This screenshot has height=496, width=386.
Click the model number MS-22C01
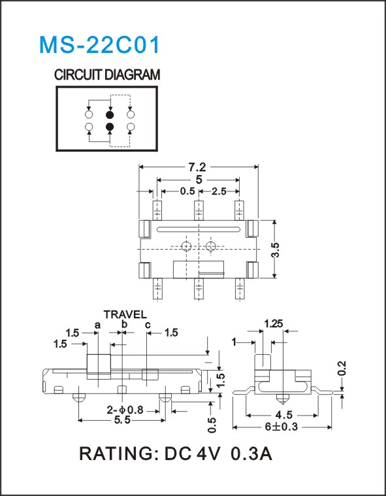pos(99,45)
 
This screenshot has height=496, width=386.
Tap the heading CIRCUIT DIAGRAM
pos(107,75)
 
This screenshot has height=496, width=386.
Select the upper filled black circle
pos(110,114)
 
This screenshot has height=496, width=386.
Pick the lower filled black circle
pos(110,127)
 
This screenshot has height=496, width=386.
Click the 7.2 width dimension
pos(199,167)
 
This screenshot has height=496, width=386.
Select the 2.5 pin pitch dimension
pos(219,191)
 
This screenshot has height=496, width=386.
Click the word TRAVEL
pos(125,314)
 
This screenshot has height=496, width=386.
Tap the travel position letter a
pos(97,325)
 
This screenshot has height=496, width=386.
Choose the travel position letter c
pos(148,325)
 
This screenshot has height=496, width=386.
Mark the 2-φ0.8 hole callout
pos(125,410)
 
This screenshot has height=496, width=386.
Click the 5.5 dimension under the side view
pos(121,420)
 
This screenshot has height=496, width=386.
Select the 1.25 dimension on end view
pos(274,323)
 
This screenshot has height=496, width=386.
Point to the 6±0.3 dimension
pos(281,427)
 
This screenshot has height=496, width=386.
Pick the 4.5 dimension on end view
pos(283,415)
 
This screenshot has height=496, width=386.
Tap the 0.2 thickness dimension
pos(342,369)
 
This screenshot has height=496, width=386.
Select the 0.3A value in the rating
pos(252,454)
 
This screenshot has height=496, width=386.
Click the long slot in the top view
pos(198,229)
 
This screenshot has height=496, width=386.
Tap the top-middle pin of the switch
pos(198,210)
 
